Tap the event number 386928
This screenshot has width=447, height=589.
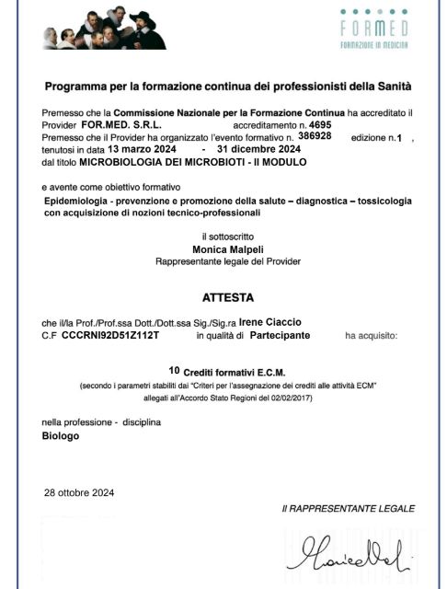[313, 134]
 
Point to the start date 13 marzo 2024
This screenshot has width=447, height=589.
[140, 148]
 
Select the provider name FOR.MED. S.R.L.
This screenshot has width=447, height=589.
[114, 123]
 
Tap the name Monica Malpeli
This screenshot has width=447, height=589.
[223, 248]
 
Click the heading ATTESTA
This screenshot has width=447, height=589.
[223, 298]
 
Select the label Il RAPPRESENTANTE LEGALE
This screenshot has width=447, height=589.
[348, 508]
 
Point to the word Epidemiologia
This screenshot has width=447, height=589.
[81, 200]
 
